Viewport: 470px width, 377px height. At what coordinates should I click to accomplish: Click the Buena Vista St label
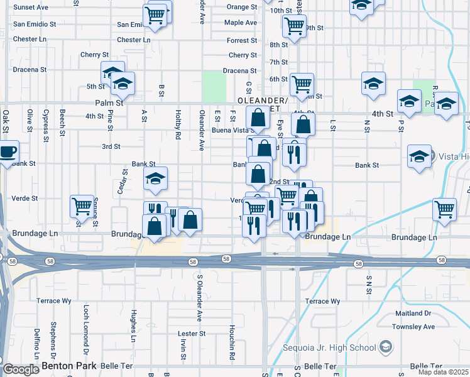click(231, 131)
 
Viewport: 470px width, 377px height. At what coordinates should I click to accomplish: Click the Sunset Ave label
click(31, 7)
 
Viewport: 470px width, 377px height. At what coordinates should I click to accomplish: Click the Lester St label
click(192, 334)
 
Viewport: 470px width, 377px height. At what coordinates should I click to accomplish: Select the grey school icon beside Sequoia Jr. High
click(385, 347)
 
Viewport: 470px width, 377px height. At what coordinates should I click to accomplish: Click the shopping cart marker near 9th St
click(294, 26)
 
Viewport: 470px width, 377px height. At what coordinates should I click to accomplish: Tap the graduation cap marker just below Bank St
click(155, 179)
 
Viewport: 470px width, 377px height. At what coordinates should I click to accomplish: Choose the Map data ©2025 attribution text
click(438, 372)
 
